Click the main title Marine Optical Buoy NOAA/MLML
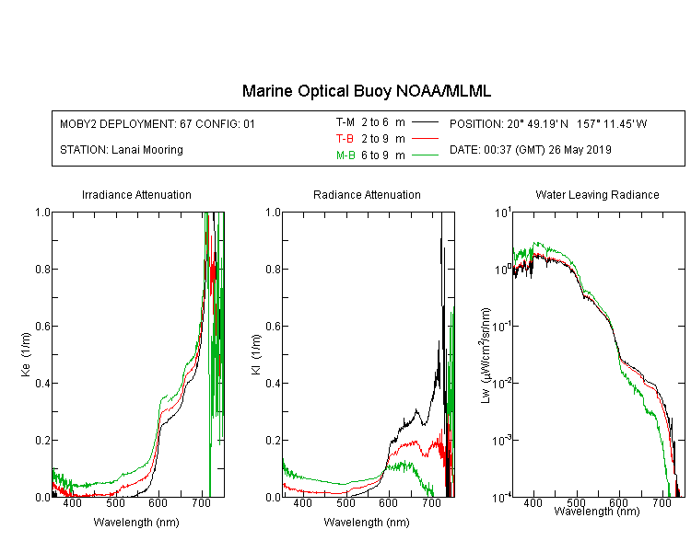point(366,91)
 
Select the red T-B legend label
point(345,139)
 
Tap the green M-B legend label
point(345,155)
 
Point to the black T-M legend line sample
point(425,122)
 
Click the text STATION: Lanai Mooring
point(122,150)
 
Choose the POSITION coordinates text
point(548,124)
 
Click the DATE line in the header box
point(530,150)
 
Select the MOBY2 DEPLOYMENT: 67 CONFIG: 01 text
point(158,124)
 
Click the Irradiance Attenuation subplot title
point(136,194)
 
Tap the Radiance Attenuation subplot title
point(367,194)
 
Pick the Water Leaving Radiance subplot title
point(597,194)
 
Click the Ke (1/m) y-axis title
point(26,354)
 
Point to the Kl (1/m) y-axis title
point(256,354)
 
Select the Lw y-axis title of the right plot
point(486,355)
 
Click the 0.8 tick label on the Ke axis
point(42,269)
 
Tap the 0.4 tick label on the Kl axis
point(274,384)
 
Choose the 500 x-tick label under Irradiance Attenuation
point(115,503)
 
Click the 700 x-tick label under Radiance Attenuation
point(431,503)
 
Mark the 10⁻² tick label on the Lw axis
point(502,383)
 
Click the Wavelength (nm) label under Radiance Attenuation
point(367,523)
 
